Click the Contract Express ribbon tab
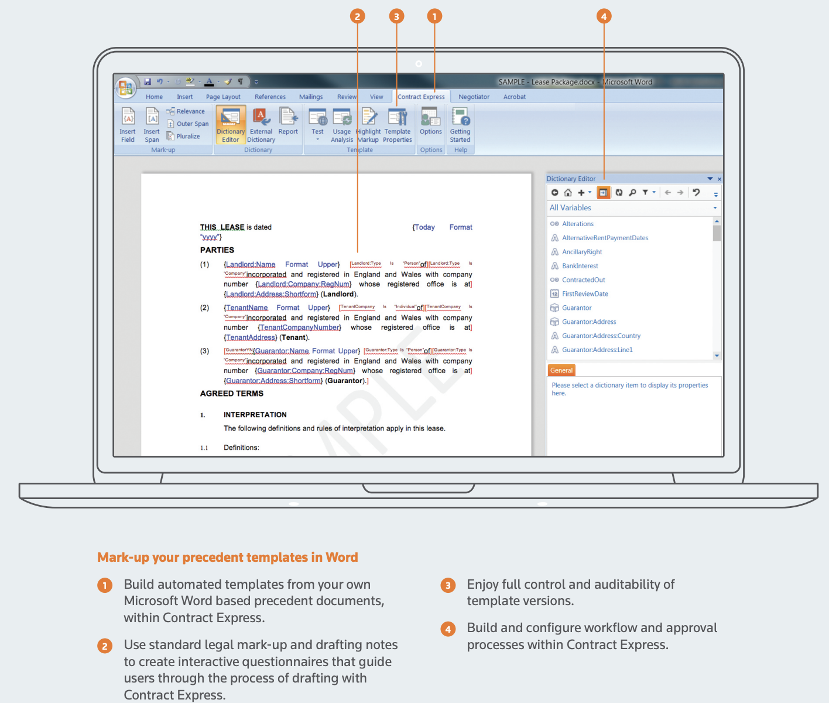coord(421,97)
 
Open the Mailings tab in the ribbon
coord(311,97)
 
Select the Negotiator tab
coord(474,97)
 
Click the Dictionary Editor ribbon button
coord(231,125)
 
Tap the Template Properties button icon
coord(398,118)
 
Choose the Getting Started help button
coord(460,125)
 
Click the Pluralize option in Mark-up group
coord(187,136)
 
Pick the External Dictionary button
coord(261,125)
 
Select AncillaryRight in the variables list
coord(582,252)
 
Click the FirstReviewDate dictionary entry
coord(585,294)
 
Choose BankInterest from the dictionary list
coord(580,266)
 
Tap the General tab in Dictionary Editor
coord(561,370)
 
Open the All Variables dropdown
coord(715,208)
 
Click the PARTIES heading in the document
coord(217,250)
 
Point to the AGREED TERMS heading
coord(232,394)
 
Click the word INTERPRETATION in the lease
coord(255,415)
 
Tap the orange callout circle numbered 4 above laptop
coord(604,16)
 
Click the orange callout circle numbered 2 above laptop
coord(357,16)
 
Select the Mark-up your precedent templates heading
coord(228,557)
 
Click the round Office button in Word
coord(125,88)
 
